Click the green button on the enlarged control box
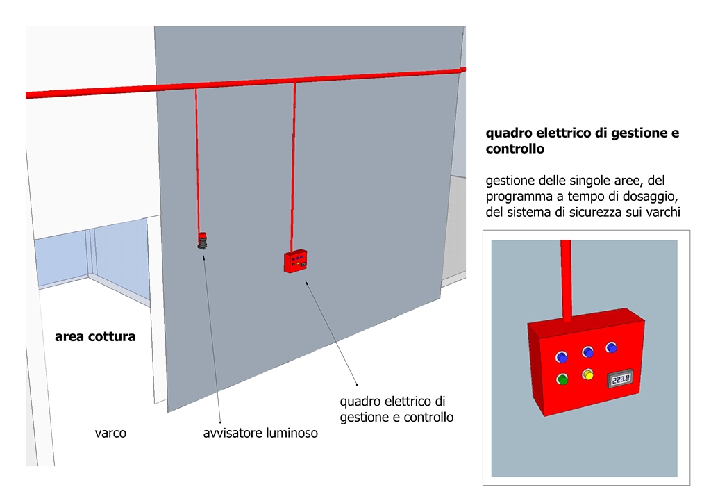coord(562,379)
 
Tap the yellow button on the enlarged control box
coord(588,375)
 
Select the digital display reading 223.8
coord(621,379)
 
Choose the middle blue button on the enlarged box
coord(588,352)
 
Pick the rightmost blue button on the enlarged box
coord(611,347)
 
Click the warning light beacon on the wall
coord(202,240)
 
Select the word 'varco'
coord(110,433)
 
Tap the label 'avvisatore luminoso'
coord(260,433)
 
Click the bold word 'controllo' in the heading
coord(515,149)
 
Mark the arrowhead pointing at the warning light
coord(203,255)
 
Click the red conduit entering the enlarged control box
coord(566,278)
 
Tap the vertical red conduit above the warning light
coord(198,160)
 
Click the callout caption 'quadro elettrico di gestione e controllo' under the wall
coord(396,409)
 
